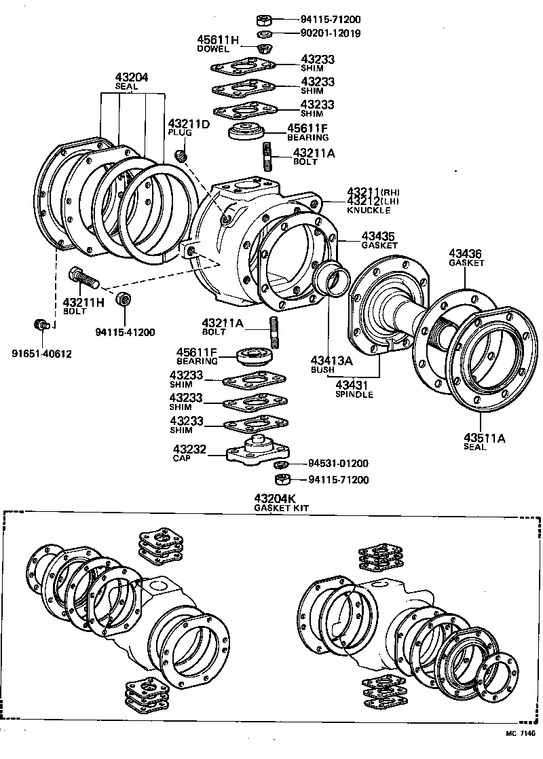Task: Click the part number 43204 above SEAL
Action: tap(132, 77)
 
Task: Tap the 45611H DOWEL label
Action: tap(218, 44)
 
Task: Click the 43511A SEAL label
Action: tap(485, 441)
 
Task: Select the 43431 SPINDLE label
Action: tap(354, 389)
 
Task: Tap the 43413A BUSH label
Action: tap(331, 365)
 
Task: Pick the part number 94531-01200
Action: tap(338, 464)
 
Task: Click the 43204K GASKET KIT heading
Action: tap(276, 502)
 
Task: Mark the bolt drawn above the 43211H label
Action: tap(83, 277)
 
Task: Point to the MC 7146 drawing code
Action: tap(520, 734)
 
